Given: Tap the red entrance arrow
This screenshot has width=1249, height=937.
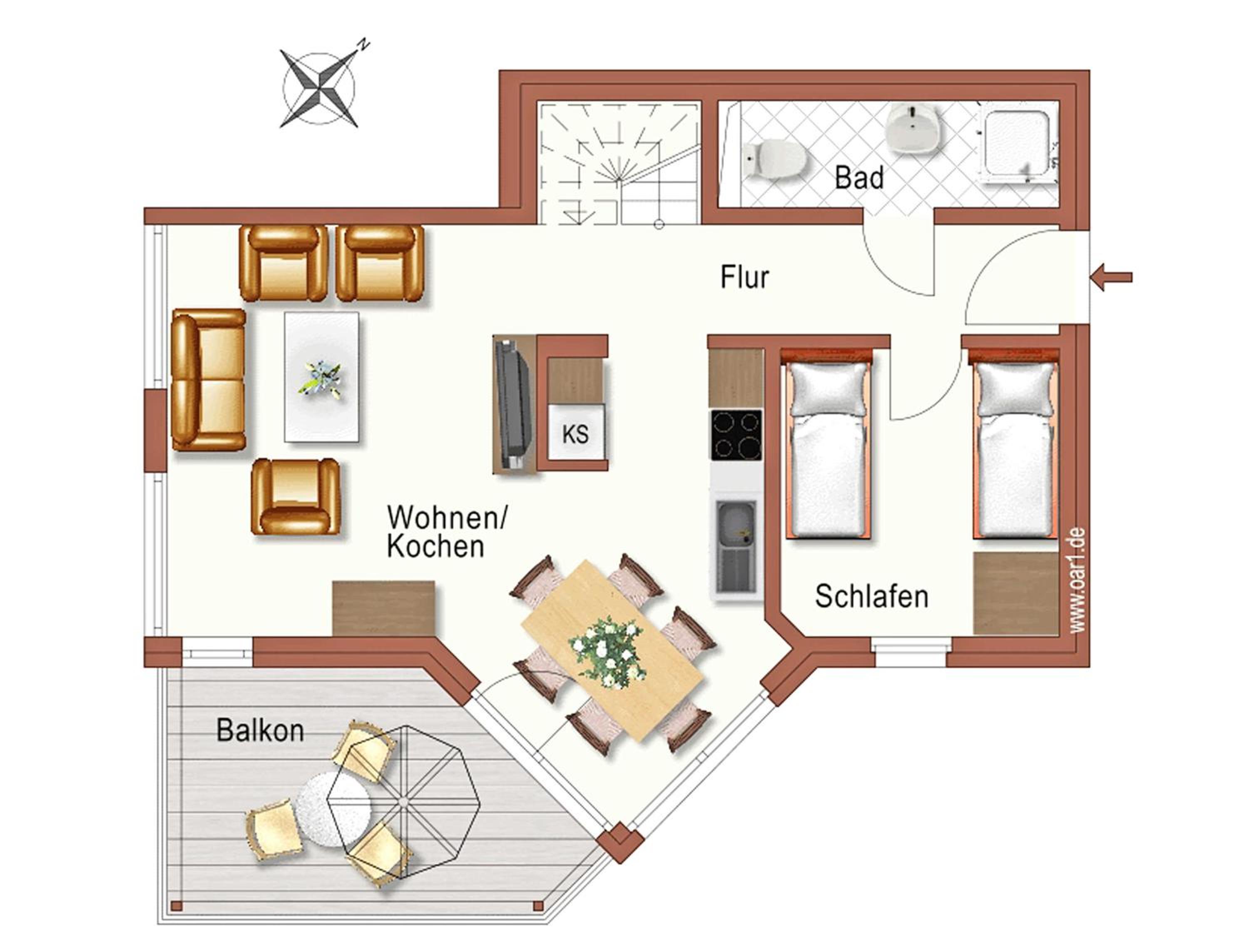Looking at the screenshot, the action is [x=1112, y=277].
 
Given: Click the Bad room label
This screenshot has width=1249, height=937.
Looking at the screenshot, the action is [x=859, y=178].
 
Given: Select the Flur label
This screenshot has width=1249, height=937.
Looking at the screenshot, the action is [x=744, y=277].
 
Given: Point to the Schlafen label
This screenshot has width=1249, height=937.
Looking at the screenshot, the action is [x=871, y=596].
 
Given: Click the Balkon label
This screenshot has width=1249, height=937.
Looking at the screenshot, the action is [x=260, y=730].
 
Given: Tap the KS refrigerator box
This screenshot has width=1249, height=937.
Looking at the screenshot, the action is [x=576, y=433].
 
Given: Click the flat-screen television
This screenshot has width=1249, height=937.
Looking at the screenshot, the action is [x=513, y=403].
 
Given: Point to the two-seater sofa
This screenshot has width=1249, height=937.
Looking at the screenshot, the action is [x=208, y=379].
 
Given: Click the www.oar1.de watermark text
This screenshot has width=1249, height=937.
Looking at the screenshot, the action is [x=1077, y=580].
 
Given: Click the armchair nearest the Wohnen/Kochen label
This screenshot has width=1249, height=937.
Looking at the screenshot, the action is [x=295, y=496].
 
